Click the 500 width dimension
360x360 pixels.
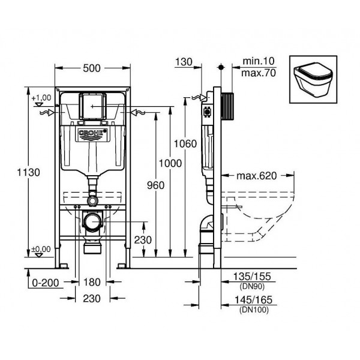click(x=92, y=68)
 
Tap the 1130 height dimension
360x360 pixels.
click(x=28, y=172)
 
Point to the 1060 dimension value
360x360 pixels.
click(x=185, y=144)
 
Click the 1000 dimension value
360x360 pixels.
click(x=170, y=163)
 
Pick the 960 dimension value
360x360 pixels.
click(x=155, y=185)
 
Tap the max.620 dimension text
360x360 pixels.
click(x=257, y=176)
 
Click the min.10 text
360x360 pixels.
click(x=259, y=61)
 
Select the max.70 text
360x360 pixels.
click(x=259, y=73)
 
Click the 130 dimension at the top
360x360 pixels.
click(x=184, y=62)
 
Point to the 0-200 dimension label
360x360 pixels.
click(x=46, y=283)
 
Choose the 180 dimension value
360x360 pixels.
click(x=92, y=282)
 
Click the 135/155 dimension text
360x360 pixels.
click(x=252, y=277)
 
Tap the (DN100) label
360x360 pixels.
click(x=254, y=310)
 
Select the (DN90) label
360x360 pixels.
click(x=252, y=286)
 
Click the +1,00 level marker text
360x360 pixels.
click(x=41, y=98)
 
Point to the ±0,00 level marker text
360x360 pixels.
click(x=41, y=249)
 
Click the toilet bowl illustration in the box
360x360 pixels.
click(x=313, y=79)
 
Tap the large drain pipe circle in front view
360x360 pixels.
click(x=92, y=222)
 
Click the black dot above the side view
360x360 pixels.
click(x=221, y=67)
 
